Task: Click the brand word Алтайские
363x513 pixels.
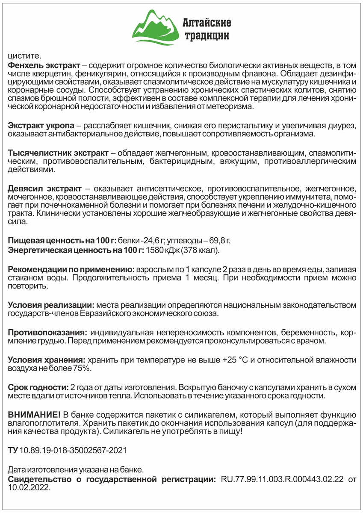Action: pyautogui.click(x=207, y=22)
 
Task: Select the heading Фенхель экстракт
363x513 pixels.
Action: pyautogui.click(x=44, y=65)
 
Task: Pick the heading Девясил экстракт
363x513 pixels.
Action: pyautogui.click(x=44, y=188)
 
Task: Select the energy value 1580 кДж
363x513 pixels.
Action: pyautogui.click(x=161, y=250)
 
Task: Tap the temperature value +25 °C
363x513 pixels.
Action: pyautogui.click(x=235, y=360)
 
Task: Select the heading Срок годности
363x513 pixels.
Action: pyautogui.click(x=38, y=387)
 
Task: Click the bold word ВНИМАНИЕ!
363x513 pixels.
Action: pyautogui.click(x=35, y=415)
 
